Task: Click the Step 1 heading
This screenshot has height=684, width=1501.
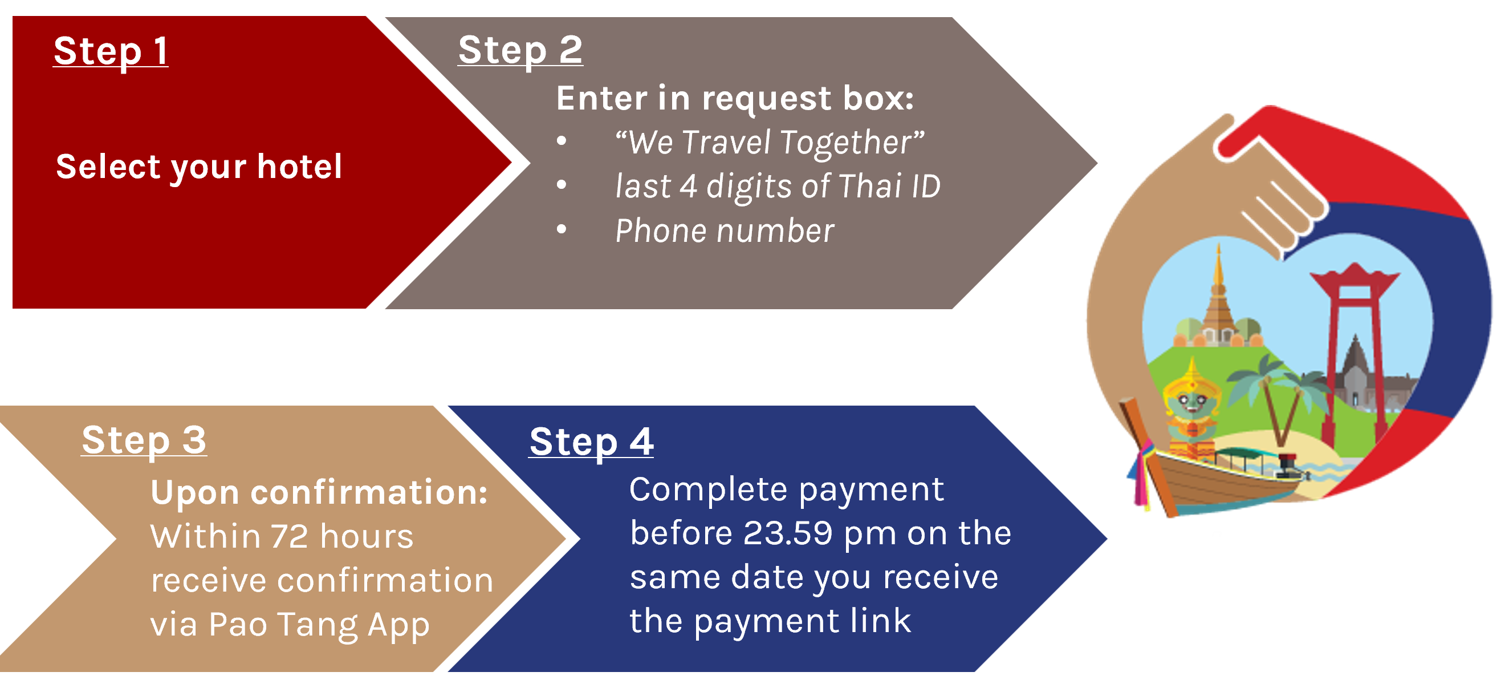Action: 111,51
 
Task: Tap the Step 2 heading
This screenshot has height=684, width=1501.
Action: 520,50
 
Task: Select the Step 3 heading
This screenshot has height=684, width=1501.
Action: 144,441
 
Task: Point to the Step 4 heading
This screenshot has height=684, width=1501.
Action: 591,443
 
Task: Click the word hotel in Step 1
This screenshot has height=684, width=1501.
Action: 299,167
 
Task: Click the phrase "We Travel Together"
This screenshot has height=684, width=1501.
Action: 770,143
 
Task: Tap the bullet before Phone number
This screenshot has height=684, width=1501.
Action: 561,229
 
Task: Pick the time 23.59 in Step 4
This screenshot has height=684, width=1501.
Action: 788,533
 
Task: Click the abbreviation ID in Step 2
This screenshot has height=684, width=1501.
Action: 926,187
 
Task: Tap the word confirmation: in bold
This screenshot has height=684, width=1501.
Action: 369,493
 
